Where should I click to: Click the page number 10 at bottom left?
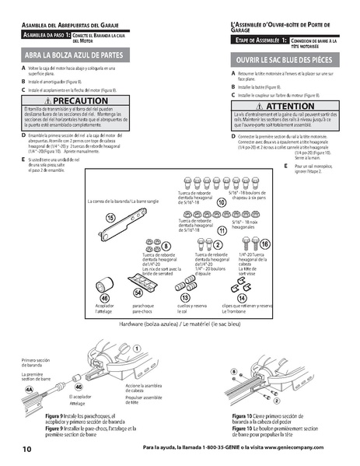(26, 449)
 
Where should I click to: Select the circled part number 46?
(104, 298)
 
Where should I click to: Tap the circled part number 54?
(138, 292)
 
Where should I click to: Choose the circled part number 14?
(242, 298)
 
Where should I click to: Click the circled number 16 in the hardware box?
(265, 244)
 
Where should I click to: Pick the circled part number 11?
(222, 231)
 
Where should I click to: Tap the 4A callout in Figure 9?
(30, 387)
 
